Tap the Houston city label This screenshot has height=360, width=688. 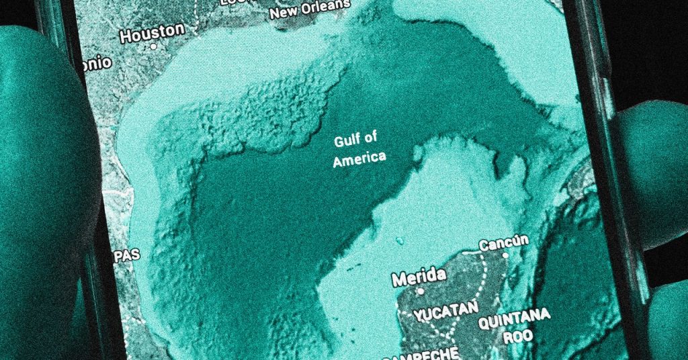151,31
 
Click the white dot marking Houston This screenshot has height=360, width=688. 153,47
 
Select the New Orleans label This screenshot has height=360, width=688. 309,9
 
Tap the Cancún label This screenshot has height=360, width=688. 503,242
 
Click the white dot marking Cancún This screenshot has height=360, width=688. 505,255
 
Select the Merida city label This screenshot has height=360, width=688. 418,276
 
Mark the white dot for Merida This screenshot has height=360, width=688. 421,291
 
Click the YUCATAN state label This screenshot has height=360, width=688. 446,311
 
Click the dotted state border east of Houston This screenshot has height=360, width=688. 196,17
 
